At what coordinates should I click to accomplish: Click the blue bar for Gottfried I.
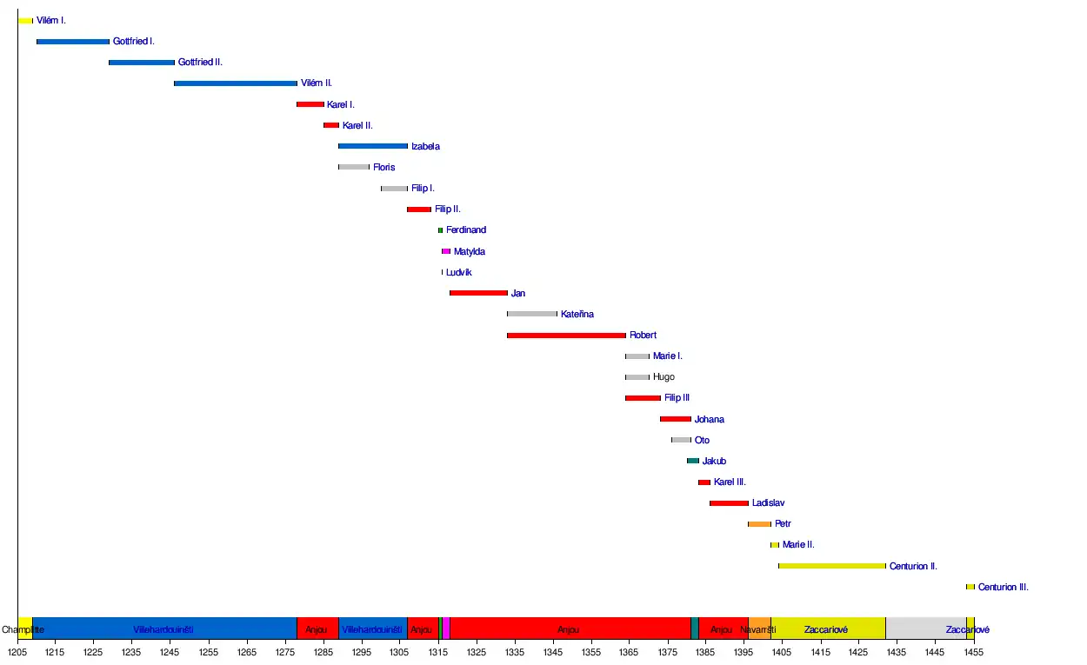pos(73,41)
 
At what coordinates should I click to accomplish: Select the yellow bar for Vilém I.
pos(25,21)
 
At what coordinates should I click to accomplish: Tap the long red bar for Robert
pos(566,336)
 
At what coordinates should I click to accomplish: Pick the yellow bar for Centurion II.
pos(831,566)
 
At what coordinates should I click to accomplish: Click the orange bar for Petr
pos(759,524)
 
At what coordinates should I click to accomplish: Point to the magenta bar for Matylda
pos(446,251)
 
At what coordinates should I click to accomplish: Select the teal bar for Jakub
pos(693,461)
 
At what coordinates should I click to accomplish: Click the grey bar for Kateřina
pos(532,314)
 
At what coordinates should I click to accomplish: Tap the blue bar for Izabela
pos(373,146)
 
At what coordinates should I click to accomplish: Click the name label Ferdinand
pos(466,230)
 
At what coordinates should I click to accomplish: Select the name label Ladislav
pos(769,503)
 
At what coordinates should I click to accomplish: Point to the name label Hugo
pos(664,377)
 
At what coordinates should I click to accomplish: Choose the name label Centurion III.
pos(1003,588)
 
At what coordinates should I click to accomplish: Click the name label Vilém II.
pos(317,83)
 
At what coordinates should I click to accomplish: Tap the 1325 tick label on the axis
pos(476,651)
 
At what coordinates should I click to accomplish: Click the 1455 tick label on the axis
pos(973,651)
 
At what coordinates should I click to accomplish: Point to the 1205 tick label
pos(17,651)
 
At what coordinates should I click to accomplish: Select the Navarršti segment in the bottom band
pos(758,629)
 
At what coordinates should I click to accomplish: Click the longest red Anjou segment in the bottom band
pos(569,629)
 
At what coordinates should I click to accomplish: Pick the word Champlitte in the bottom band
pos(23,629)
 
